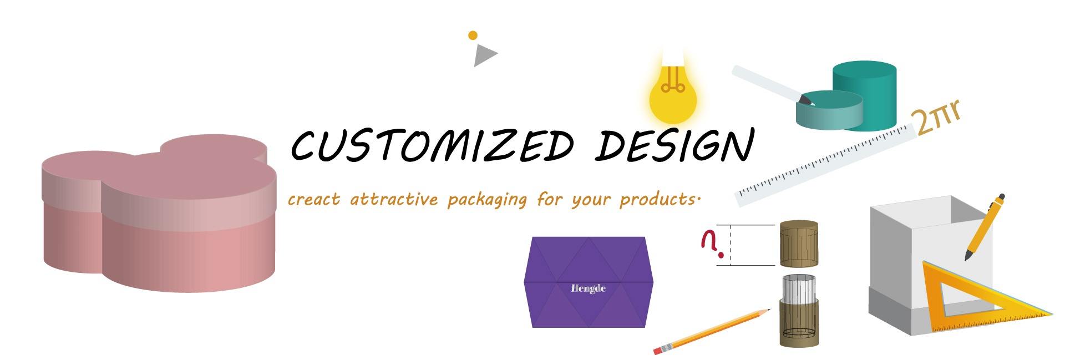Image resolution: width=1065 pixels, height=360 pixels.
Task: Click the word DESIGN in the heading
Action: tap(674, 145)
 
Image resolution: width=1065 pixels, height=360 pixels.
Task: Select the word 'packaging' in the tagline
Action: tap(486, 200)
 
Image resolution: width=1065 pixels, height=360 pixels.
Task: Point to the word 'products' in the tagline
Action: tap(657, 200)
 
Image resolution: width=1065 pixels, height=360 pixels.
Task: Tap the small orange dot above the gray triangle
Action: tap(473, 36)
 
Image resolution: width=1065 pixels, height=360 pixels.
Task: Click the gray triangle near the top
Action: tap(484, 55)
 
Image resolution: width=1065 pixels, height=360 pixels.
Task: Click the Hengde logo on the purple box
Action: tap(588, 288)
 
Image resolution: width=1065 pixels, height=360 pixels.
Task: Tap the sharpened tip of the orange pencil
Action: tap(769, 310)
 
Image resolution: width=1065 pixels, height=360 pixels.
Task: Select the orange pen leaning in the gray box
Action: tap(984, 227)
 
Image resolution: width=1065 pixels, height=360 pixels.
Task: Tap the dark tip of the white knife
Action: tap(806, 100)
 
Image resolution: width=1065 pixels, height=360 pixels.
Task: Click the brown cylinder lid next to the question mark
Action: tap(799, 244)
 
